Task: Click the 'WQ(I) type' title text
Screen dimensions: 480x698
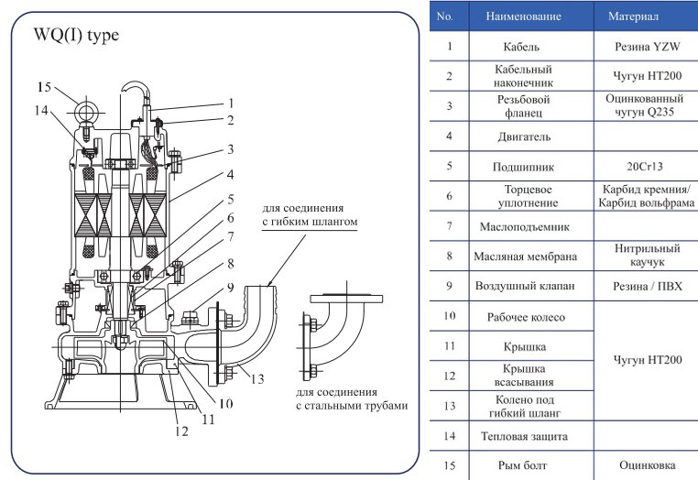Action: coord(77,36)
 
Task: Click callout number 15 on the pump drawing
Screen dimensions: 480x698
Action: coord(45,87)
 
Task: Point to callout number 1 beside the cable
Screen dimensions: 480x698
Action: coord(232,103)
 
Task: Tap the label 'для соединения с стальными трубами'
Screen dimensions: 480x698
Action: coord(351,398)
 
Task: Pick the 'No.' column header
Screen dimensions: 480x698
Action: coord(448,16)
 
